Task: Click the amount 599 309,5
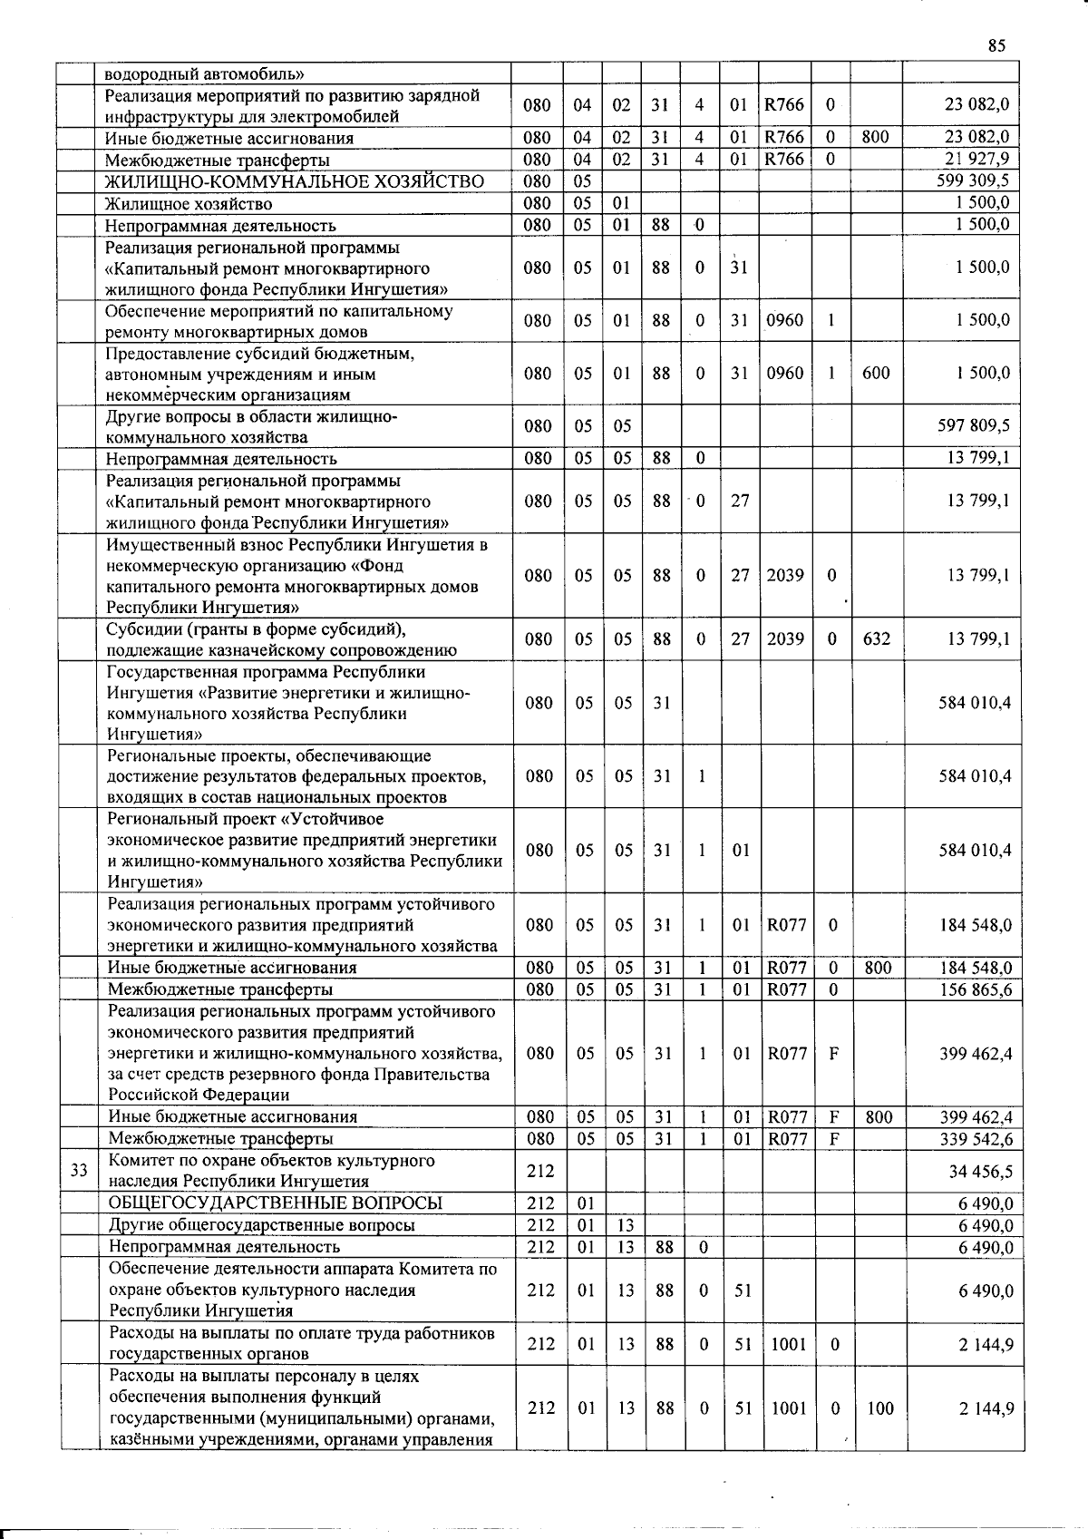pyautogui.click(x=973, y=180)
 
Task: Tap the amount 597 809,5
pyautogui.click(x=973, y=425)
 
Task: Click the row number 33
pyautogui.click(x=79, y=1170)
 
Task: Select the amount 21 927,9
pyautogui.click(x=977, y=159)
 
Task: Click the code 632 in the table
pyautogui.click(x=876, y=638)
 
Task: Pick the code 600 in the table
pyautogui.click(x=876, y=373)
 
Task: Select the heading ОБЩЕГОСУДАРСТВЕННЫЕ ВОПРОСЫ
pyautogui.click(x=276, y=1203)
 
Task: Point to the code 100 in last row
pyautogui.click(x=879, y=1408)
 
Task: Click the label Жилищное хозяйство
pyautogui.click(x=188, y=203)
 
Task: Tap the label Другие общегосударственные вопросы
pyautogui.click(x=262, y=1225)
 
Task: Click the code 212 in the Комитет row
pyautogui.click(x=539, y=1171)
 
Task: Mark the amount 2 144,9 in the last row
pyautogui.click(x=986, y=1408)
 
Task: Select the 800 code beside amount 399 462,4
pyautogui.click(x=879, y=1116)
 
